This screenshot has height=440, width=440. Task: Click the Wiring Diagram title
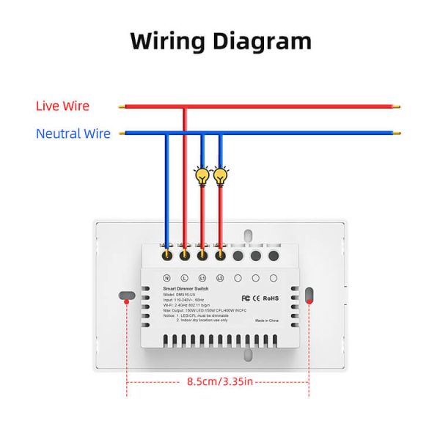click(x=221, y=40)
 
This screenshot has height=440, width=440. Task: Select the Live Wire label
click(x=62, y=106)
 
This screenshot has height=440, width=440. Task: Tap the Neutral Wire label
click(x=73, y=133)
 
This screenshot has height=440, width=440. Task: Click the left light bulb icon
click(x=202, y=175)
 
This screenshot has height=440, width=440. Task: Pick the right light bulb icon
click(x=220, y=175)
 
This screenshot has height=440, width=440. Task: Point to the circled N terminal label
click(x=166, y=279)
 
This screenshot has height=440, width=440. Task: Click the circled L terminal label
click(x=184, y=279)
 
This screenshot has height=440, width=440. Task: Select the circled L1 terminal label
click(x=202, y=279)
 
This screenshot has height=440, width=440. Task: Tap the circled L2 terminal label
click(x=220, y=279)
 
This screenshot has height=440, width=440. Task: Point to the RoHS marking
click(x=271, y=298)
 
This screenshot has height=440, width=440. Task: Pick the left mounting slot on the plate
click(x=127, y=296)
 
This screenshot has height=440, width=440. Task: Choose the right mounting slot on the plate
click(x=309, y=296)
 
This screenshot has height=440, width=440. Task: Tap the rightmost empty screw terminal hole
click(x=274, y=256)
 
